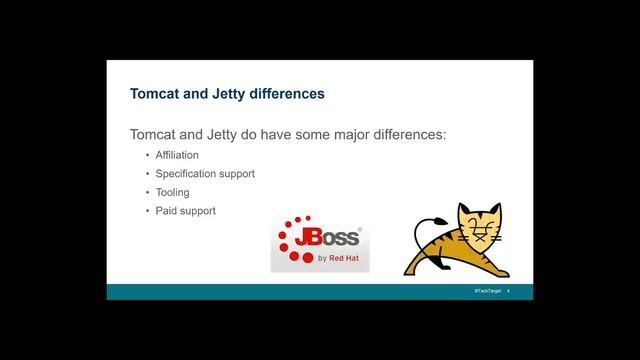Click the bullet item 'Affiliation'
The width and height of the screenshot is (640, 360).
coord(177,155)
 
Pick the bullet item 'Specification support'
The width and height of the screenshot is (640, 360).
coord(205,174)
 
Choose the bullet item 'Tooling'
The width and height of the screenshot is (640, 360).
coord(172,192)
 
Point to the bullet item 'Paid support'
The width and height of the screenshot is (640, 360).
coord(185,211)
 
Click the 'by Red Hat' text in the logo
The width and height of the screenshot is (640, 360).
coord(337,257)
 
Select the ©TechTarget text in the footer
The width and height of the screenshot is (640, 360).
coord(487,291)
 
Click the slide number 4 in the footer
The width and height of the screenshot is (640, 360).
coord(509,291)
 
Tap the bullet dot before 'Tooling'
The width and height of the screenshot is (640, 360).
coord(147,192)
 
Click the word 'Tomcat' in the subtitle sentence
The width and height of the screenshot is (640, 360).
coord(157,133)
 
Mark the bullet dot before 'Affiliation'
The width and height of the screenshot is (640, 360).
coord(147,155)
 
